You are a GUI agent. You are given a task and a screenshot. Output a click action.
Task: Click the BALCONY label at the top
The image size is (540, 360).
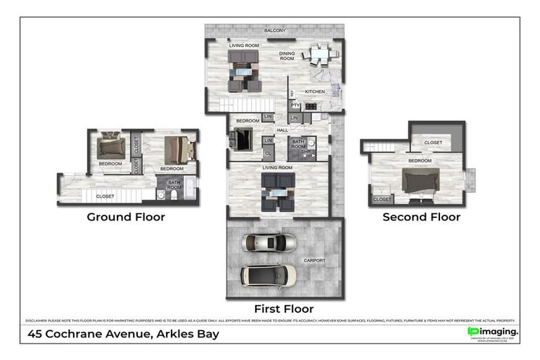pos(275,31)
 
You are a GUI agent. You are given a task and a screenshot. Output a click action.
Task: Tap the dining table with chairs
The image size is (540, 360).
pos(320,53)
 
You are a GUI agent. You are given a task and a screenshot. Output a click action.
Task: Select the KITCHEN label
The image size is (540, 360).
pos(315,92)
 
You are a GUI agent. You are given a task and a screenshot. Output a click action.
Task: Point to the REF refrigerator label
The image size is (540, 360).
pos(292,93)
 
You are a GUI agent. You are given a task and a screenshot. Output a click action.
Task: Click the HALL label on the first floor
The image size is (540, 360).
pos(283,130)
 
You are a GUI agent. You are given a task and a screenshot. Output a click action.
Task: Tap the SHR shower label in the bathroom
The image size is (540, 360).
pos(306,151)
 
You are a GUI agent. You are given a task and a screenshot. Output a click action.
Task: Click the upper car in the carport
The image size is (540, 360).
pos(269,243)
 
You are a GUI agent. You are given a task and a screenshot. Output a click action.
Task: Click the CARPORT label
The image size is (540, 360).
pos(314,260)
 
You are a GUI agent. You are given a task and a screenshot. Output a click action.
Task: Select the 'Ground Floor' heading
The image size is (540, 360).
pos(126,217)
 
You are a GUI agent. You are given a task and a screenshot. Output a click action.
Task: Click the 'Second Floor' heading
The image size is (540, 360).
pos(421,217)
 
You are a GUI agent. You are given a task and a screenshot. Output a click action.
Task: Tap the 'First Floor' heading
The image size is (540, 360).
pos(284,309)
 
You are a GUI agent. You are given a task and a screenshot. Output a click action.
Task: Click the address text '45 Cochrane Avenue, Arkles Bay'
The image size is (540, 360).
pos(123,334)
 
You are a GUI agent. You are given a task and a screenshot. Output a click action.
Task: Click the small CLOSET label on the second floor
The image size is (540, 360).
pos(382,200)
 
